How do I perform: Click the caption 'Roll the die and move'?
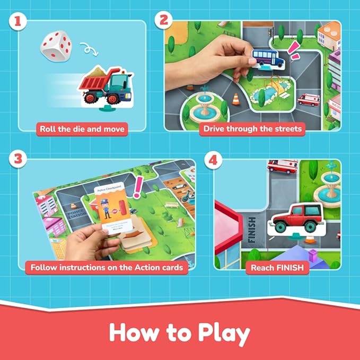click(82, 128)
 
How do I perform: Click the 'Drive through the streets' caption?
click(253, 128)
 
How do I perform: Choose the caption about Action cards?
click(107, 267)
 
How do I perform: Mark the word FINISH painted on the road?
click(251, 228)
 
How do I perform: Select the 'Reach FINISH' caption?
click(277, 267)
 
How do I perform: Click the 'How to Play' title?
click(180, 333)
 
